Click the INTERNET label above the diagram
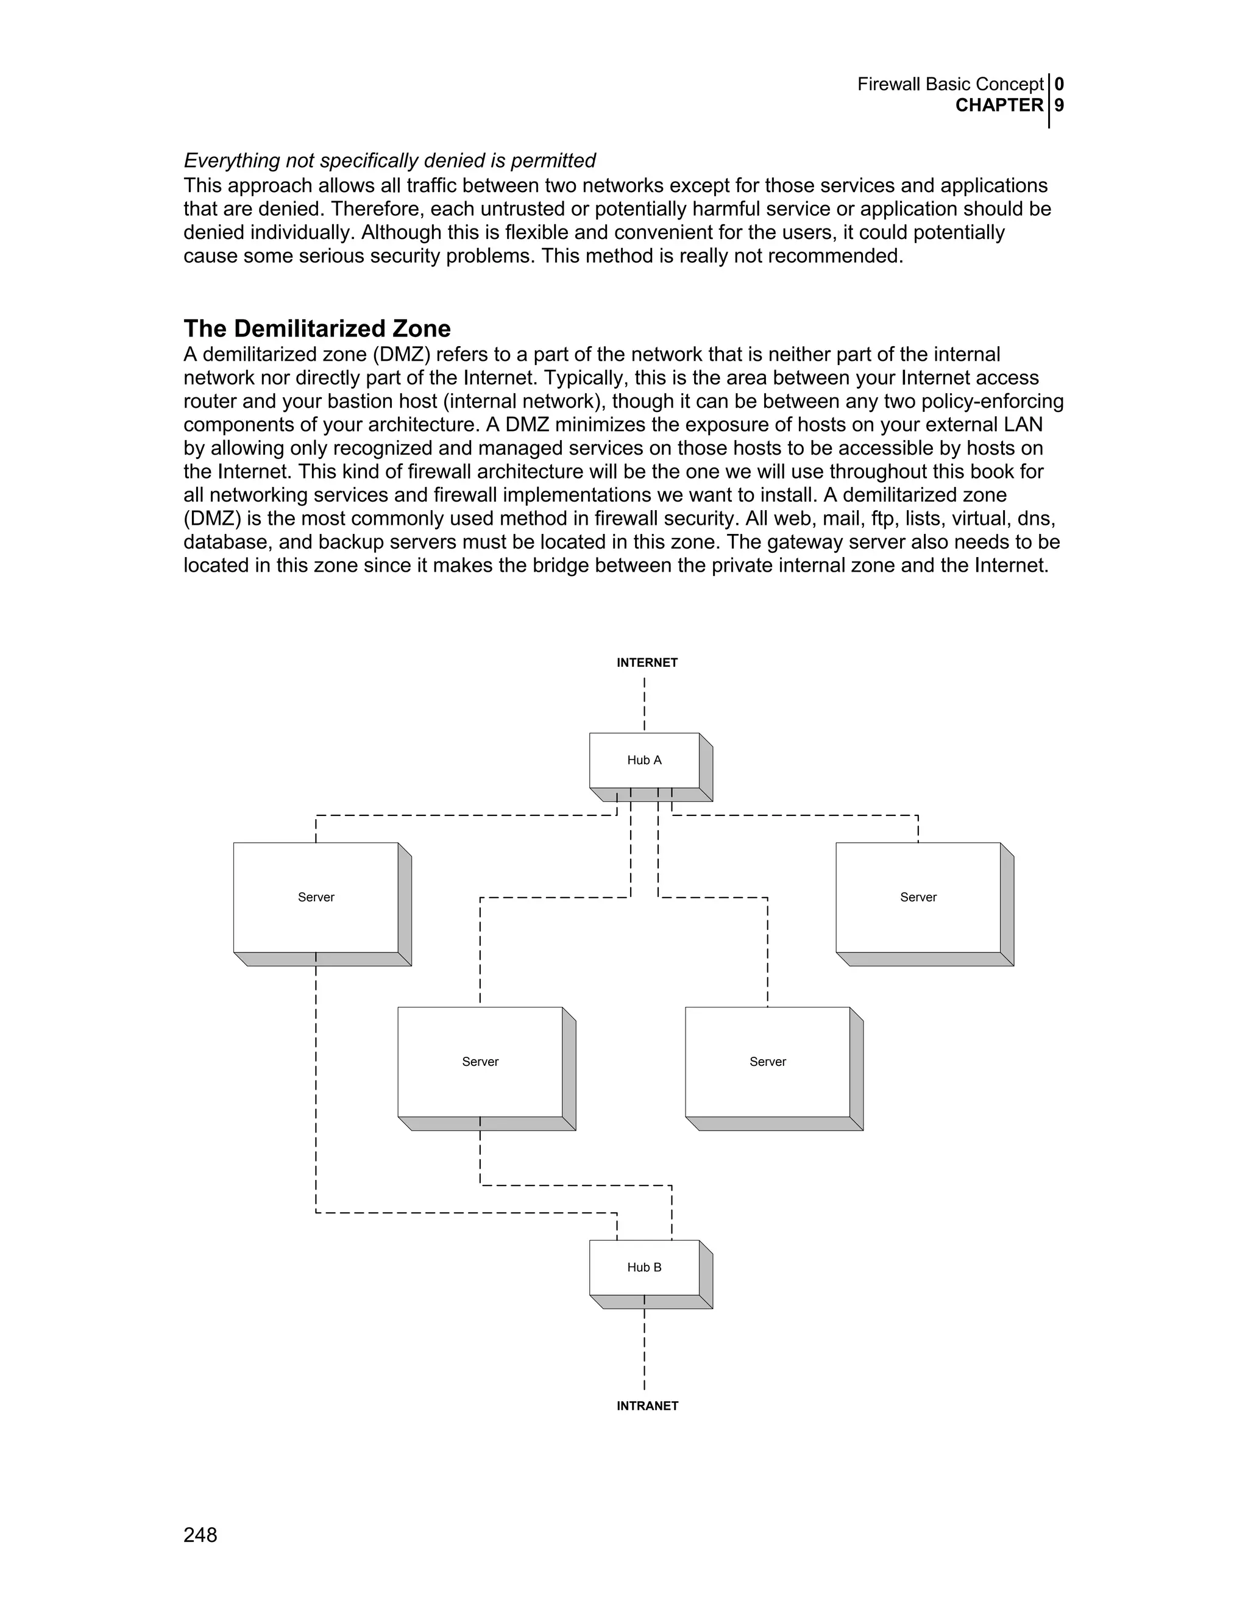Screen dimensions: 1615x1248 pos(647,662)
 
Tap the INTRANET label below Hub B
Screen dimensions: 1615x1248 pos(647,1406)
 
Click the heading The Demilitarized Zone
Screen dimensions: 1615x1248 pos(316,328)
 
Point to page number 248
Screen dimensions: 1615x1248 pos(200,1535)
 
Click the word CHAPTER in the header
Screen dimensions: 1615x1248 pos(999,106)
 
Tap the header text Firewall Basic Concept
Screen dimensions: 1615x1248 pos(950,84)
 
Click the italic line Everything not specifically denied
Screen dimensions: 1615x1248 pos(389,160)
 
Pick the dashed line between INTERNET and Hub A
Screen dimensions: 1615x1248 pos(644,705)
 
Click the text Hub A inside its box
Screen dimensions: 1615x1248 pos(645,760)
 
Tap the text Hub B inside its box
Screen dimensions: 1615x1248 pos(645,1268)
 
